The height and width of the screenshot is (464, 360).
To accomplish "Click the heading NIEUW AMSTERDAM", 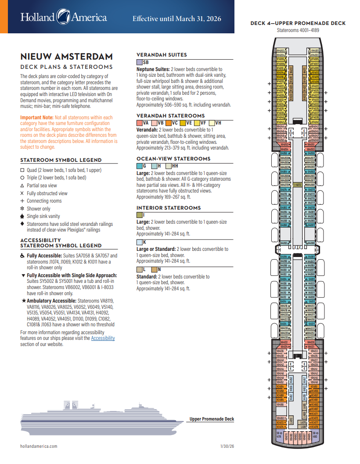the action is [66, 57].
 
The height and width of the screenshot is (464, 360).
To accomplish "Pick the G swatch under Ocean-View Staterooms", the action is [140, 166].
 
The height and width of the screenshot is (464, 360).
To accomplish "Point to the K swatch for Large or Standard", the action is [140, 242].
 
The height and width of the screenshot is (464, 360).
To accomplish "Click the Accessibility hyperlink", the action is [103, 338].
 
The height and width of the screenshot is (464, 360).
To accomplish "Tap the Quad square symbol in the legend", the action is [23, 170].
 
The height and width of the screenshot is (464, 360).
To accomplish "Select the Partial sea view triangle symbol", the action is [23, 186].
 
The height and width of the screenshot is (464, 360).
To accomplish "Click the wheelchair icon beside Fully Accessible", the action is [23, 255].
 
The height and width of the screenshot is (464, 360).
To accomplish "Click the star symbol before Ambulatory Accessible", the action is [23, 300].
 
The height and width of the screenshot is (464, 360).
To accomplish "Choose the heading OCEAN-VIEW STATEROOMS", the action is [173, 159].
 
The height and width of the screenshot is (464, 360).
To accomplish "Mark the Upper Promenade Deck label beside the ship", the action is [212, 419].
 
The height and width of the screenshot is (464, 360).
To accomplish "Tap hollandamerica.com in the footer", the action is [39, 446].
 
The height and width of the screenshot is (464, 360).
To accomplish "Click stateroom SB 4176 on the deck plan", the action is [279, 435].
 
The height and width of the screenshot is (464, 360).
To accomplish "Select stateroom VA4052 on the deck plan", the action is [284, 144].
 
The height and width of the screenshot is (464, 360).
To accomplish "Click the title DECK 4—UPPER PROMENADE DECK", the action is [298, 23].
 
